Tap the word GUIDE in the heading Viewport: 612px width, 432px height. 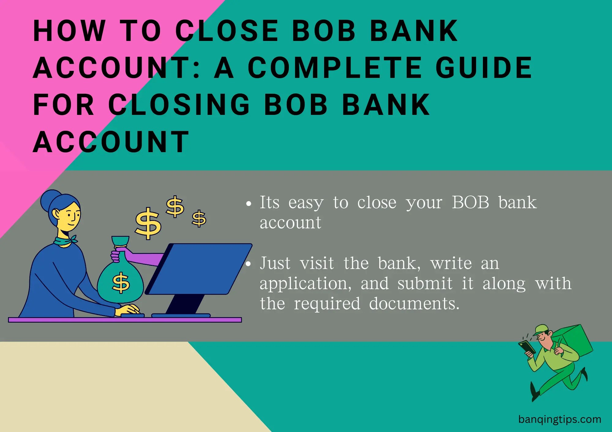[484, 68]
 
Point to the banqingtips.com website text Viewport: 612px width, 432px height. [560, 419]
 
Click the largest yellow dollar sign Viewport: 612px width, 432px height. [148, 223]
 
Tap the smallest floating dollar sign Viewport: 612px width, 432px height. [199, 218]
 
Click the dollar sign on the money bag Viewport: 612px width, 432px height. [121, 282]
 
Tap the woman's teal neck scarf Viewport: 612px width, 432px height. [65, 241]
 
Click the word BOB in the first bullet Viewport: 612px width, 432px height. [470, 203]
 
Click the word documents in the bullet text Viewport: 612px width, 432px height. [414, 304]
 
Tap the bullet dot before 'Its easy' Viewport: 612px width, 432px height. [249, 203]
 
